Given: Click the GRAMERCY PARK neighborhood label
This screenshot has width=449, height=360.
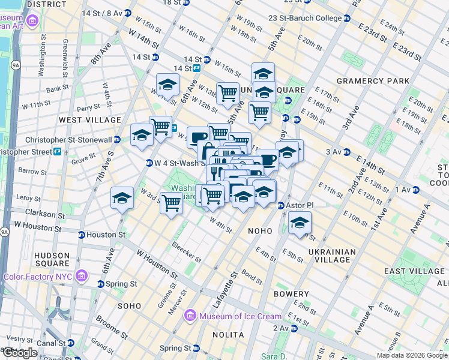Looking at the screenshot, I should click(x=373, y=81).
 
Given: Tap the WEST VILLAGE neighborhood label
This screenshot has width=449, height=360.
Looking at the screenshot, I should click(x=89, y=120).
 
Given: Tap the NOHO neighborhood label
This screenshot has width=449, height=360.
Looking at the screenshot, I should click(x=260, y=230).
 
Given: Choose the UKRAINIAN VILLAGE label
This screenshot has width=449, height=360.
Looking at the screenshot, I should click(x=331, y=256).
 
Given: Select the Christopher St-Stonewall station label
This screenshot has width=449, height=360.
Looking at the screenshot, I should click(x=68, y=139).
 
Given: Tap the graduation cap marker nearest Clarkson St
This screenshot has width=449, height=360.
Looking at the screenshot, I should click(x=122, y=199).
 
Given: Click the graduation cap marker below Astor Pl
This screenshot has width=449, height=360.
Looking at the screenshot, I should click(x=299, y=223).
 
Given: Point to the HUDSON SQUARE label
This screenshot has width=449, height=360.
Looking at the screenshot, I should click(x=52, y=259).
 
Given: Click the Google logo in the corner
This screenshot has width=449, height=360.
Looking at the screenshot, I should click(x=20, y=352).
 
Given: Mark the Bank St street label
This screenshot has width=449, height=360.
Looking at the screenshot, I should click(x=57, y=89).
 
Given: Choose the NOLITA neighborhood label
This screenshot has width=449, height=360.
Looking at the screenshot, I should click(x=228, y=334).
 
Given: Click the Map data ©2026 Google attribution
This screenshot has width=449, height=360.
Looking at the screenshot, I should click(x=411, y=355).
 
